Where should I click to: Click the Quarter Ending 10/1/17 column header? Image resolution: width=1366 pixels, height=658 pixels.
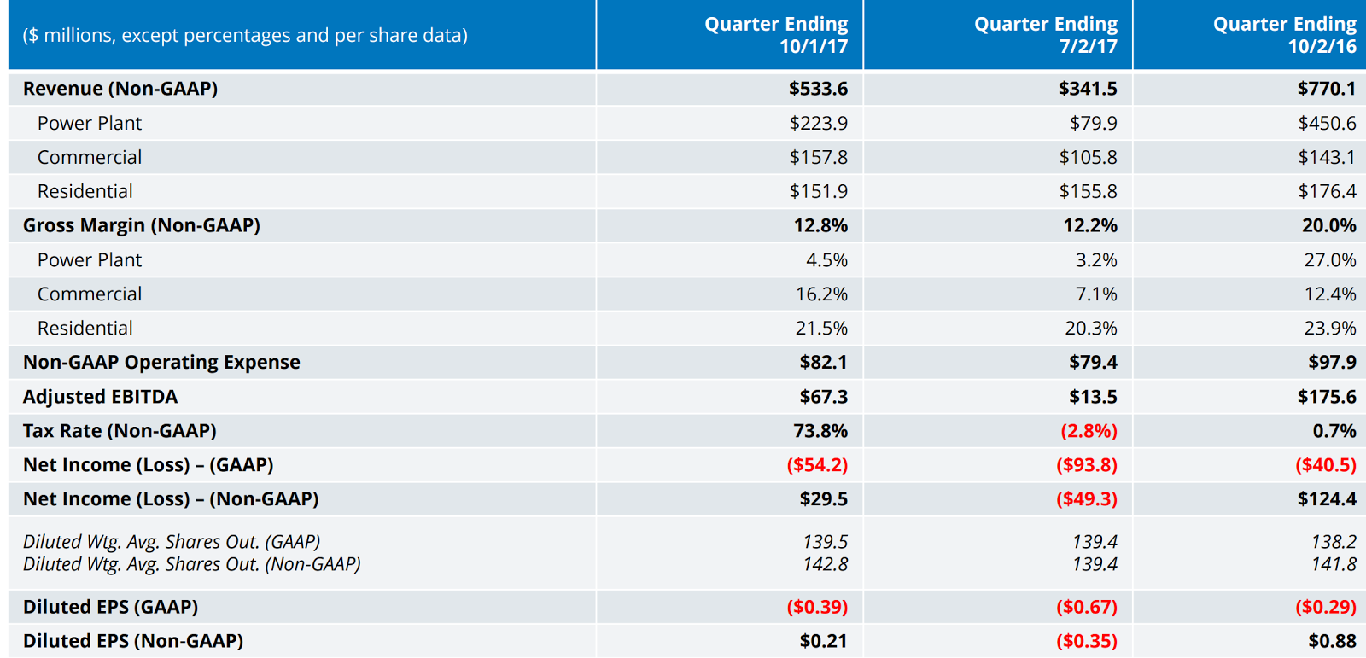click(x=775, y=35)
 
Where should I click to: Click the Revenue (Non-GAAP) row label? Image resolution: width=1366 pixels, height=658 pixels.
click(x=120, y=89)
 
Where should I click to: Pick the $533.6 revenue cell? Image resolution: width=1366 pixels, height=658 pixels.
click(x=818, y=89)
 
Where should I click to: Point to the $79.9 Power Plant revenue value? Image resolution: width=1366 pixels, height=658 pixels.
click(x=1093, y=123)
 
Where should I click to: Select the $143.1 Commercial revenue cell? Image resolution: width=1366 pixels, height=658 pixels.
click(x=1326, y=157)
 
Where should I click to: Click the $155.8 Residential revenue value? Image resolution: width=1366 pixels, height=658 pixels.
click(x=1088, y=191)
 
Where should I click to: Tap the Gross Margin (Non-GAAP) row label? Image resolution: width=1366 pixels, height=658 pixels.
click(x=142, y=225)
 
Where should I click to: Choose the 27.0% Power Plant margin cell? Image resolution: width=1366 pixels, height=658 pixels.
click(x=1329, y=259)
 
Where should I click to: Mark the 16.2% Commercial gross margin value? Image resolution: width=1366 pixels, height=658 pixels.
click(x=821, y=294)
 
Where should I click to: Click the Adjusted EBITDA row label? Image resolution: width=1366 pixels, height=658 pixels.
click(x=101, y=397)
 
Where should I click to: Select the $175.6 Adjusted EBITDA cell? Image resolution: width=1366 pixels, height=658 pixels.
click(x=1326, y=397)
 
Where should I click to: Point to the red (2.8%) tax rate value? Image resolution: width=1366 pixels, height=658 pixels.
click(x=1089, y=431)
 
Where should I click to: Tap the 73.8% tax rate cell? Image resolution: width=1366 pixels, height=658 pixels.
click(x=820, y=431)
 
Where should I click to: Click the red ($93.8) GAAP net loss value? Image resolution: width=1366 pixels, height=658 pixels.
click(x=1086, y=465)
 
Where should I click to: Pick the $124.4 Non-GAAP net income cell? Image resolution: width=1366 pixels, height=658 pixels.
click(x=1326, y=499)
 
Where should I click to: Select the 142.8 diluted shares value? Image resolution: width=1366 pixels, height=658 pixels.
click(x=825, y=564)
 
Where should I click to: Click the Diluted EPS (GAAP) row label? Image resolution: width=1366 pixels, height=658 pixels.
click(x=111, y=607)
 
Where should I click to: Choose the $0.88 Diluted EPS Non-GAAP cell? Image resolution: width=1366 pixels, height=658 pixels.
click(x=1332, y=641)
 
